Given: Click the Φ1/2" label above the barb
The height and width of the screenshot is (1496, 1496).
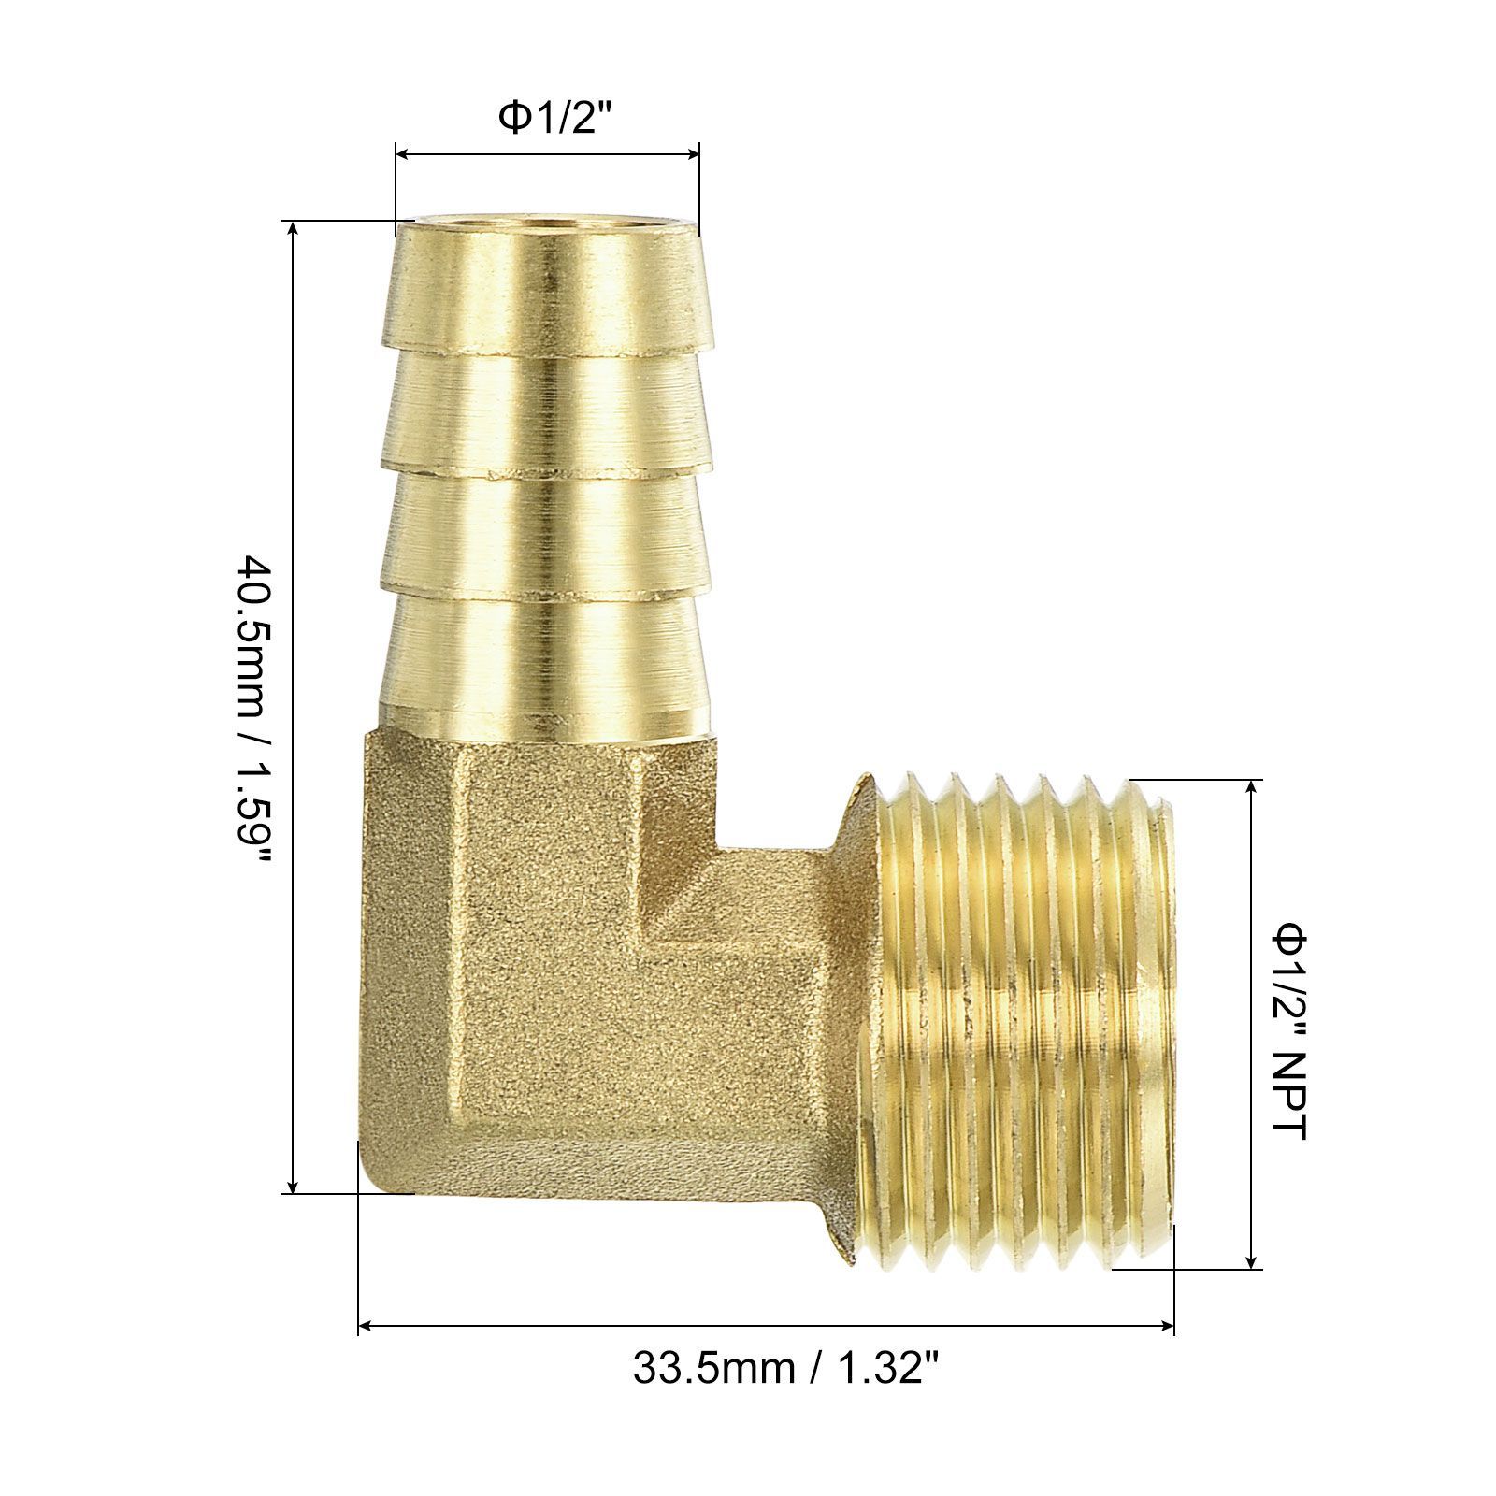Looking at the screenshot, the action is (547, 118).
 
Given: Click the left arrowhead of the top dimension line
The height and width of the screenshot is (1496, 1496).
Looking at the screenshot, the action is (403, 154).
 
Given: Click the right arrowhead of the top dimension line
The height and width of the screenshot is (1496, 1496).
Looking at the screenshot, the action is (692, 154).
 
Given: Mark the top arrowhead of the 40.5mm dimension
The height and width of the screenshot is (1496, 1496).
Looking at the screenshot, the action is (295, 230).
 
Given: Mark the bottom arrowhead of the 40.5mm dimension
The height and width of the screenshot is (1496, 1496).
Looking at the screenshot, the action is (295, 1185).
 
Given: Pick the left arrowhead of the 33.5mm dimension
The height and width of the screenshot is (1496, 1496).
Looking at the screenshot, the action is (367, 1325).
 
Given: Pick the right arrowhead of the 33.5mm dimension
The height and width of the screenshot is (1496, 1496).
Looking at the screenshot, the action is (1166, 1325).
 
